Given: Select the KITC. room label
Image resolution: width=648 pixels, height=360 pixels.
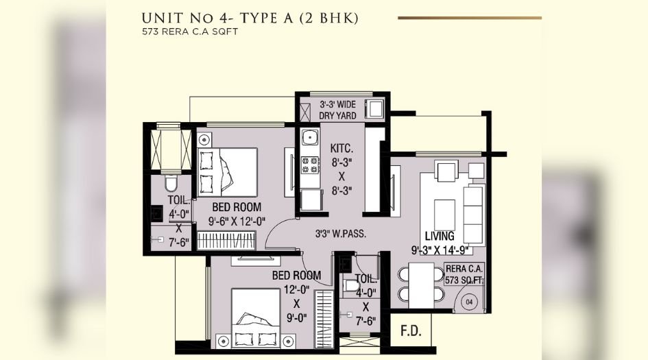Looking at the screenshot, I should point(341,147).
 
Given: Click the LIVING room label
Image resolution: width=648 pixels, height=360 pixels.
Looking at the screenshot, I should point(439,237).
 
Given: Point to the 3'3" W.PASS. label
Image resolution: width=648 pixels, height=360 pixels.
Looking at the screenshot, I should point(340,233).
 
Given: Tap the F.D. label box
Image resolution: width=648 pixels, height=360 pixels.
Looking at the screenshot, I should point(411,333).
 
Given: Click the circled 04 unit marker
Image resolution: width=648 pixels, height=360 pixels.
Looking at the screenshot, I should point(469,300).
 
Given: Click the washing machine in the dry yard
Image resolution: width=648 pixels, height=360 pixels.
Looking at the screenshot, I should point(374,109).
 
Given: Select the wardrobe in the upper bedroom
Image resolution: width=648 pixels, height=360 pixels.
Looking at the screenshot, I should point(225,241).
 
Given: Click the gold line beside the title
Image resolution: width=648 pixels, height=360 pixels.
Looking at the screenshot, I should point(469,18).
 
